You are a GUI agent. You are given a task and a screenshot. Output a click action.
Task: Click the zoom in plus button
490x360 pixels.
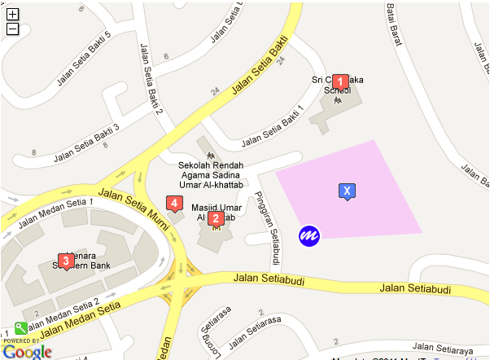[12, 14]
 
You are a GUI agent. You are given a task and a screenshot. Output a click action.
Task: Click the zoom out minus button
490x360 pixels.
[12, 29]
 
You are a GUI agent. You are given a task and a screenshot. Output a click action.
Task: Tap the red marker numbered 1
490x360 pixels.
[341, 81]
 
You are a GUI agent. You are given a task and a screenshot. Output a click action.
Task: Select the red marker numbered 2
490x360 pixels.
[216, 217]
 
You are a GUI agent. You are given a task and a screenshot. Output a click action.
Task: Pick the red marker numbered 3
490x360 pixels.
[64, 261]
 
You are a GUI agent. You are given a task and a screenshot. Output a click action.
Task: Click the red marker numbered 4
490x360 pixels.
[173, 203]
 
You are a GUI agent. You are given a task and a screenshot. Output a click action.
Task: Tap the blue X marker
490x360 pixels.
[347, 191]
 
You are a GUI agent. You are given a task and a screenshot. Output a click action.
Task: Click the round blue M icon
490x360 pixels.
[309, 235]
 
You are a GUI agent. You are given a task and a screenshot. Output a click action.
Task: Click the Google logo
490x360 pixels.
[28, 351]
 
